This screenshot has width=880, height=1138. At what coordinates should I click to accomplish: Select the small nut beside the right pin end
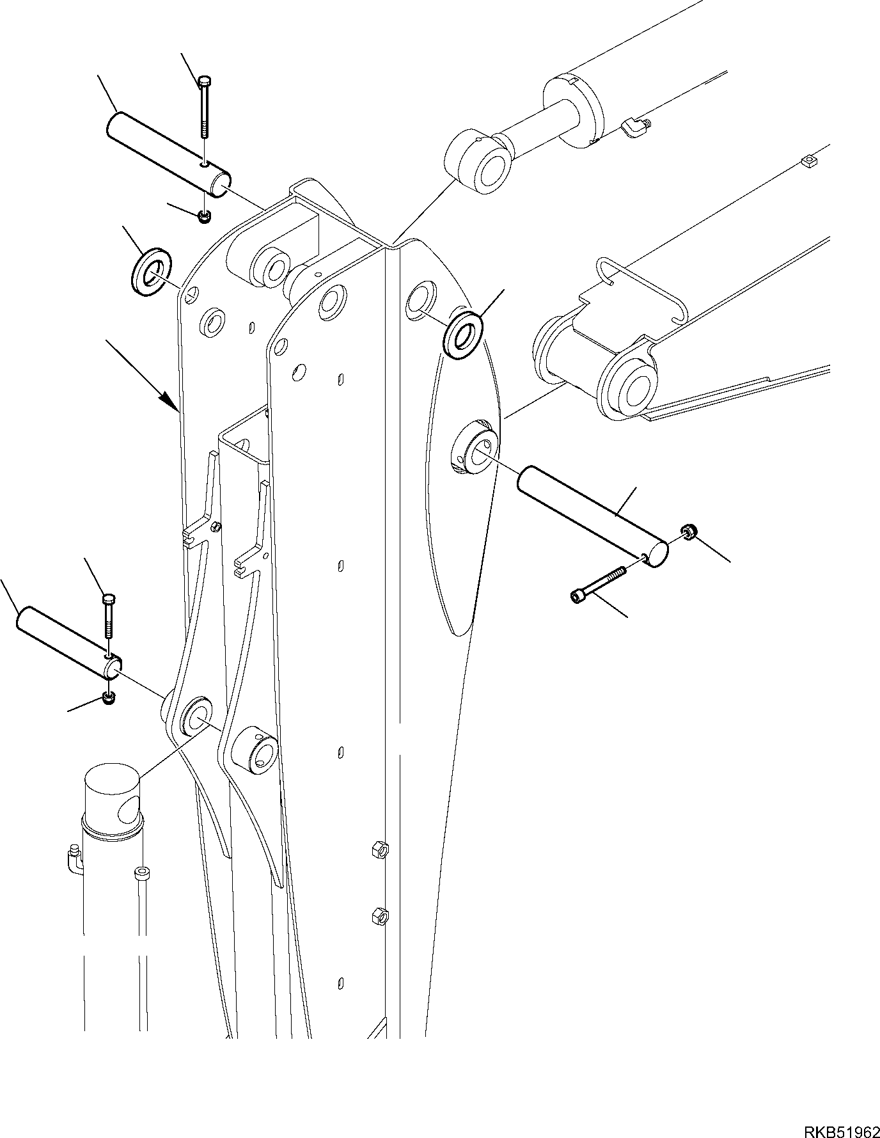click(689, 530)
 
